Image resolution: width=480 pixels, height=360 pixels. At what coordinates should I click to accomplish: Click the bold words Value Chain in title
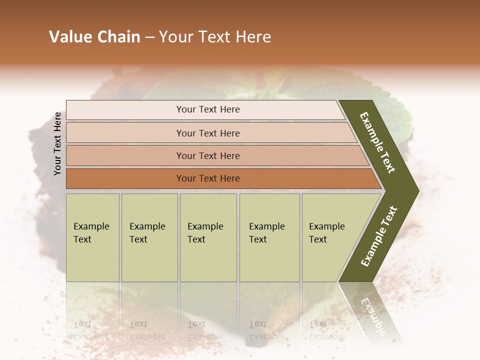pos(94,37)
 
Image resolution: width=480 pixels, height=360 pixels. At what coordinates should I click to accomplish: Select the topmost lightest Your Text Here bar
pos(207,109)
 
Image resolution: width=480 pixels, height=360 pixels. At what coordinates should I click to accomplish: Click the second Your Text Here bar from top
pos(207,133)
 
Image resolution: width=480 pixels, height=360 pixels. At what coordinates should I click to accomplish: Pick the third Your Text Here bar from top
pos(207,155)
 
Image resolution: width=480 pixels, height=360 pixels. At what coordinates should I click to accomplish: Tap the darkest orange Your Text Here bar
pos(207,178)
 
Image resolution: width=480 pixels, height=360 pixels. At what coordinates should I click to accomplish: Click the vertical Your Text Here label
pos(57,143)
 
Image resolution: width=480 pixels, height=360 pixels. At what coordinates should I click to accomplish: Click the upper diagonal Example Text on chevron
pos(378,142)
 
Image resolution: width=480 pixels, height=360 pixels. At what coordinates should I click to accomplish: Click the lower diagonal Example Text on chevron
pos(379,236)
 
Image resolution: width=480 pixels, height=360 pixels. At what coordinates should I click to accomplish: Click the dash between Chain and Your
pos(149,37)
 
